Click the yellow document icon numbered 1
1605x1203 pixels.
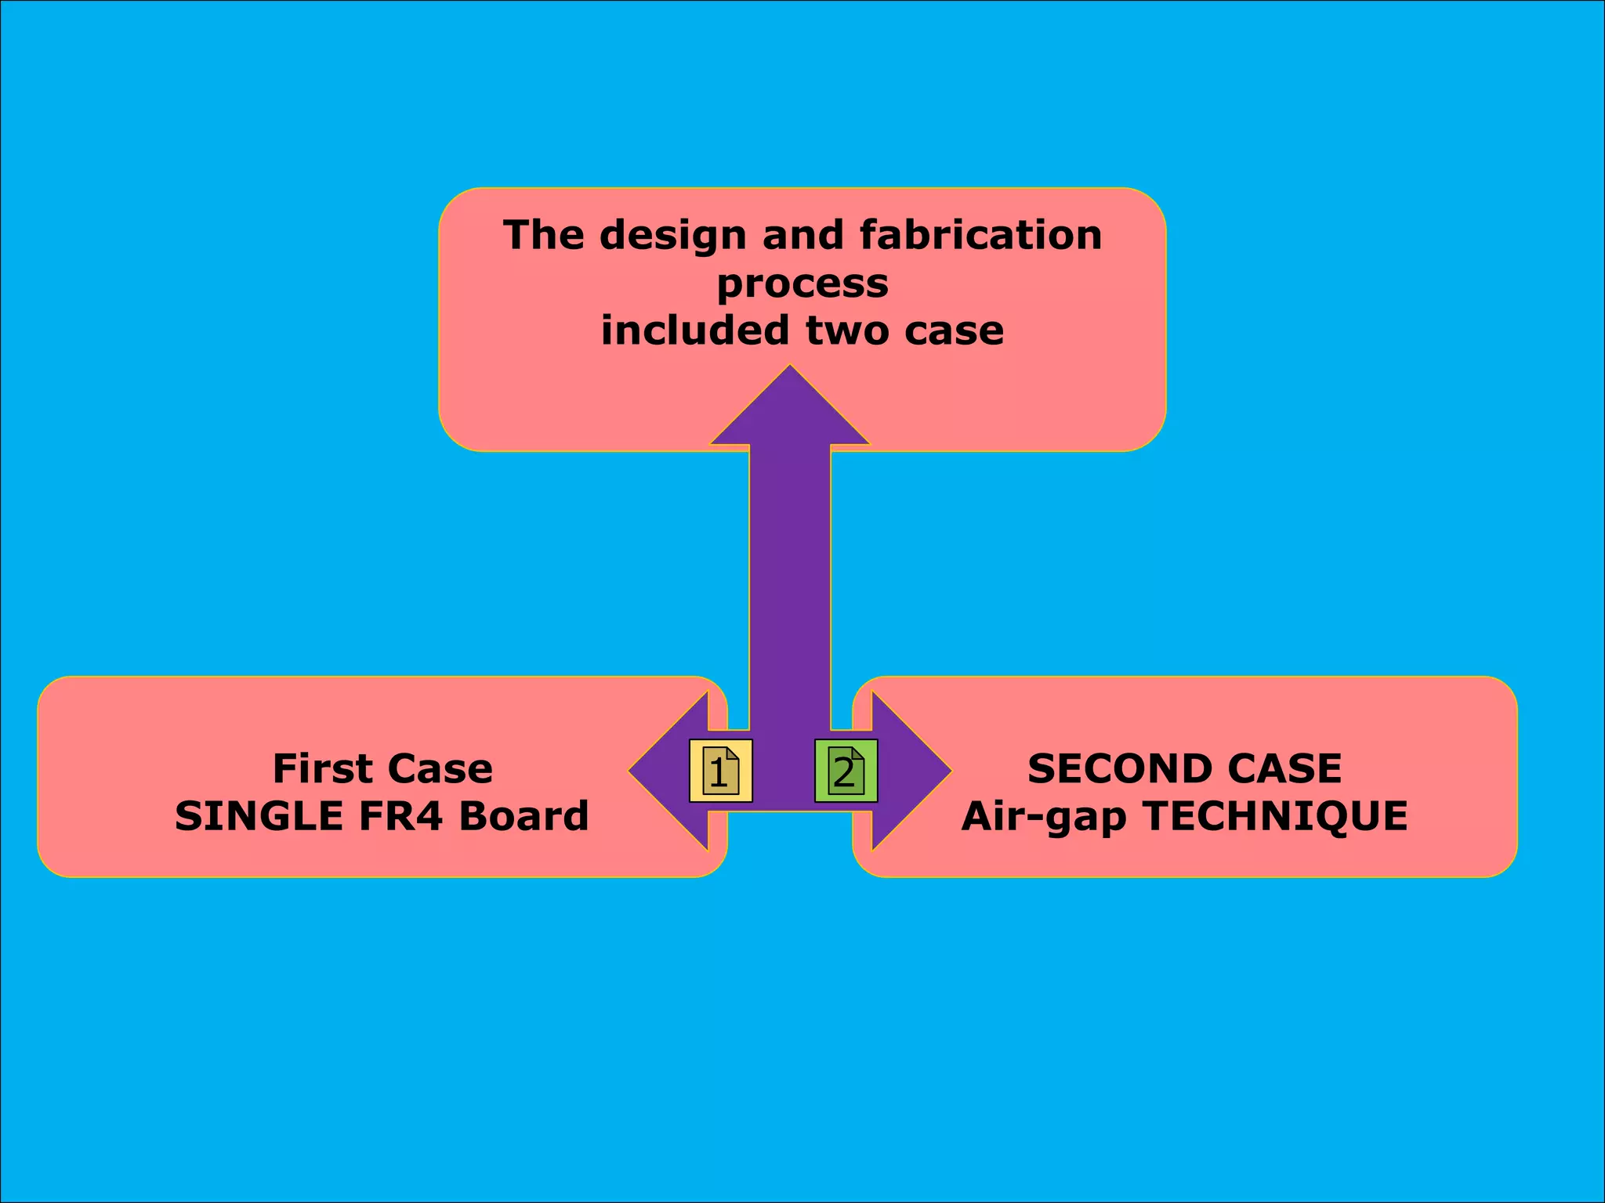click(720, 771)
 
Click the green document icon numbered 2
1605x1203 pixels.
click(846, 771)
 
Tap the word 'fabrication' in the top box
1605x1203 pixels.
click(980, 235)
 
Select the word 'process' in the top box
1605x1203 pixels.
click(802, 284)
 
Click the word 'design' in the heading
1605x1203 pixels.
click(672, 235)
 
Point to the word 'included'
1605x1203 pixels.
click(694, 330)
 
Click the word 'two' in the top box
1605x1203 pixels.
click(849, 330)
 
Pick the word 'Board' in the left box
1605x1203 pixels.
click(524, 816)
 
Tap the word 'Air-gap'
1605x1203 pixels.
click(1043, 818)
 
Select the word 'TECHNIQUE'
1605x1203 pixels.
click(1275, 816)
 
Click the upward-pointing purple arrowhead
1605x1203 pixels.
click(790, 407)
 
